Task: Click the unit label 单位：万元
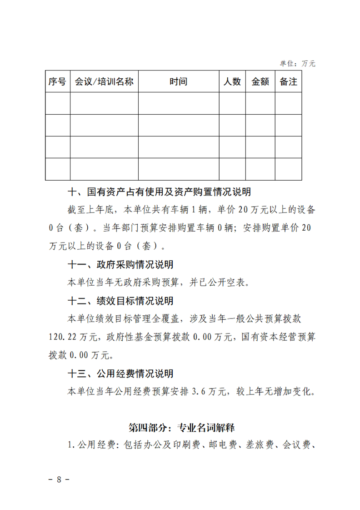(297, 64)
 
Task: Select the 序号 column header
(57, 82)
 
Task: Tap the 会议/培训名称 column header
(104, 82)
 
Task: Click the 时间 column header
(178, 82)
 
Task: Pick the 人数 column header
(232, 82)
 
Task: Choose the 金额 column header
(260, 82)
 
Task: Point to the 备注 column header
(288, 82)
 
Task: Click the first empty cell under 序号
(57, 103)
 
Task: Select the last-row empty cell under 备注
(288, 169)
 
